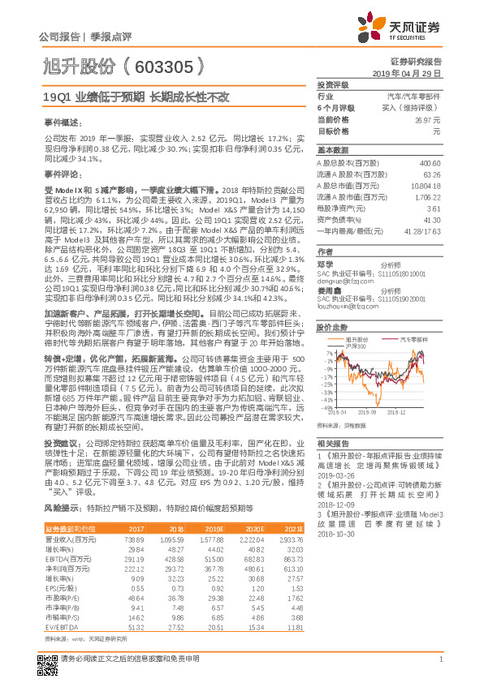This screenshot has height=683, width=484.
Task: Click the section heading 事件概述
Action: (63, 122)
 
